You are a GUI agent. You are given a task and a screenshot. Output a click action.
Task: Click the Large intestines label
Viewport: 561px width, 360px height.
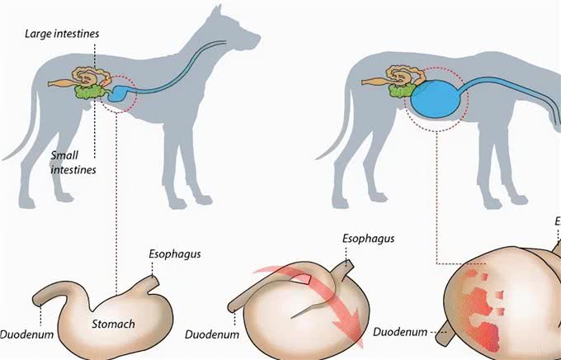click(x=62, y=34)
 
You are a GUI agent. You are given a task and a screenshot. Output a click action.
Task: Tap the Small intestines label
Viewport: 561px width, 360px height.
click(x=73, y=163)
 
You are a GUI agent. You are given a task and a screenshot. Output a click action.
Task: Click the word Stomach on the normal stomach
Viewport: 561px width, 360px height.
click(x=113, y=324)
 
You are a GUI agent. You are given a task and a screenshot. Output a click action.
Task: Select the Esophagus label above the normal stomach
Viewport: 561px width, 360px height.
click(x=175, y=254)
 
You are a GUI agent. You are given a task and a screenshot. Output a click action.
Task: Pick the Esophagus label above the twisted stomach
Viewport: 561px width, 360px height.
click(x=368, y=239)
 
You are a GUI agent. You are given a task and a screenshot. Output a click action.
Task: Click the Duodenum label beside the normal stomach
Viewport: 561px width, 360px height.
click(x=26, y=334)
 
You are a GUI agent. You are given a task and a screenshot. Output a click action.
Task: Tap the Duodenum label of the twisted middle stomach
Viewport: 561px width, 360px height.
click(x=212, y=335)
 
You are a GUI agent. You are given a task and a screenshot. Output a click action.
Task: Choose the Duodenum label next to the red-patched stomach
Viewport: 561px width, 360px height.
click(x=400, y=332)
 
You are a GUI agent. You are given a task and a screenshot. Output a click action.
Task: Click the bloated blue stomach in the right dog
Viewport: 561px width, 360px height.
click(x=436, y=99)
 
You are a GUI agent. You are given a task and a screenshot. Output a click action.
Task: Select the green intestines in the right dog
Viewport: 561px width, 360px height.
click(x=402, y=90)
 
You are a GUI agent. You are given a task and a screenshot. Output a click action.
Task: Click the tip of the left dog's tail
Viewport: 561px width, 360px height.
click(x=3, y=159)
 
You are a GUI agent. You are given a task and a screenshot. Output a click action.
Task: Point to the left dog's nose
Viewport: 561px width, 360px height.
click(x=258, y=36)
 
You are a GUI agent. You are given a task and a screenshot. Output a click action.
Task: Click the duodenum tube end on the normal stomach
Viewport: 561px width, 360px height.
click(x=37, y=301)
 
